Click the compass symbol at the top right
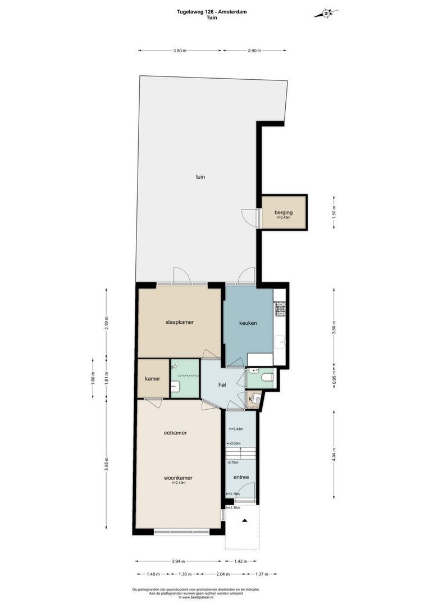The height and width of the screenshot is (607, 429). tap(326, 13)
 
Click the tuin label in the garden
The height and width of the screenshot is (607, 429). tap(200, 177)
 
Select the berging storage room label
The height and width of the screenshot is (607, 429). tap(284, 212)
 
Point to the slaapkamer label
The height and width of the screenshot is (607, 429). tap(180, 323)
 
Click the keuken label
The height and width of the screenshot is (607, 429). tap(248, 323)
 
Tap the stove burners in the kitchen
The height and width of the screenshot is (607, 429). tap(280, 309)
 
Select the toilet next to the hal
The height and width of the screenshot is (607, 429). tap(267, 377)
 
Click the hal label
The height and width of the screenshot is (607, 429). tap(222, 385)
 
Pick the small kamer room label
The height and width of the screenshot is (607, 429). tap(153, 379)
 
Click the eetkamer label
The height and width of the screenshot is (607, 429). tap(175, 433)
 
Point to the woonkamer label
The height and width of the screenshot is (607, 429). tap(178, 478)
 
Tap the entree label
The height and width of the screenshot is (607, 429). tap(241, 477)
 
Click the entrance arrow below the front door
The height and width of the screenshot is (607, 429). tap(245, 522)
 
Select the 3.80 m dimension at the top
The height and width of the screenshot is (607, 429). tap(179, 51)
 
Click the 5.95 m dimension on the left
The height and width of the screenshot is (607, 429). tap(107, 464)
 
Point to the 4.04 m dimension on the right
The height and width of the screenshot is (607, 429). tap(334, 453)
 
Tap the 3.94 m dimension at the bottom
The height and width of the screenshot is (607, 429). tap(179, 561)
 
